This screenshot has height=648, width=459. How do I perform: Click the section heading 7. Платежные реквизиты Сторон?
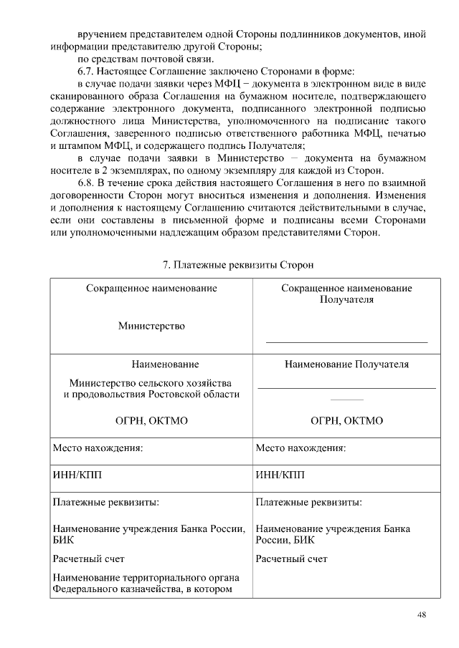coord(238,265)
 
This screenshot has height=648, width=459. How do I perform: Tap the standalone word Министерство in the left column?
coord(151,326)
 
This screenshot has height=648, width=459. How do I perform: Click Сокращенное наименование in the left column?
coord(151,288)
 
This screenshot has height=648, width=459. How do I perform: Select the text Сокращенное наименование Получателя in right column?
coord(346,294)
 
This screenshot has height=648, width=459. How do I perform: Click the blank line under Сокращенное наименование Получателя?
coord(346,342)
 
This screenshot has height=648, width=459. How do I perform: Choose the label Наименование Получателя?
coord(346,364)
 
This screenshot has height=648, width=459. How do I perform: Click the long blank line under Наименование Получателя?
coord(346,387)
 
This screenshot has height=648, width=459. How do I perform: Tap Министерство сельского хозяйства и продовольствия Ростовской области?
coord(151,389)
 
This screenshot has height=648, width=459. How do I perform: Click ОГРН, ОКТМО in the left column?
coord(151,420)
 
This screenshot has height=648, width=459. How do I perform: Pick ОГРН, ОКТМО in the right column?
coord(346,420)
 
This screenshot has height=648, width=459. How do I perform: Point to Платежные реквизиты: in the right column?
coord(308,502)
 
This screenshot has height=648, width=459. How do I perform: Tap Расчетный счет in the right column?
coord(291,558)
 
